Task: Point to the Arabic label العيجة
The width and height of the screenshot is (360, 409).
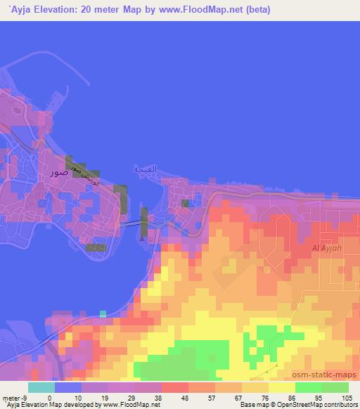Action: click(x=146, y=169)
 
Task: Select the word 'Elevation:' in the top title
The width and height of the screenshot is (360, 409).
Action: click(x=57, y=9)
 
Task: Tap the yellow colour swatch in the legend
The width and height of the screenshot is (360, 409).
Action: click(x=282, y=387)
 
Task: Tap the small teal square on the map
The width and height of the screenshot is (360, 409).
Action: click(x=103, y=313)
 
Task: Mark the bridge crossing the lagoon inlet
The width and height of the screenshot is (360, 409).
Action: click(x=134, y=224)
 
